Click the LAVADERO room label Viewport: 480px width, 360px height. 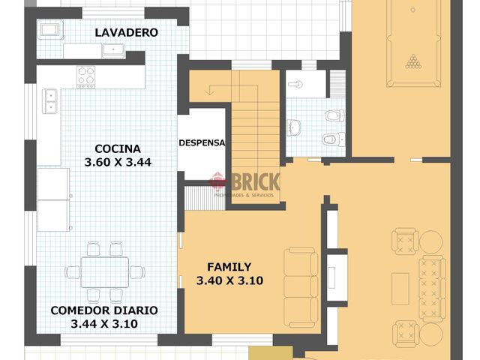126,33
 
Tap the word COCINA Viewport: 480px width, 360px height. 118,148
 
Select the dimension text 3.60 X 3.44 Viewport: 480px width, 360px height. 118,163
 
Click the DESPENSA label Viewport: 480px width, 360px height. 202,143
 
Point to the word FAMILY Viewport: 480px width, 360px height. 229,266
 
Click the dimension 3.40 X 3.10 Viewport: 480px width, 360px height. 229,280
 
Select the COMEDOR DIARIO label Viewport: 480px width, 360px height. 104,310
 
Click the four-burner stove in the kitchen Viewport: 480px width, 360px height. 86,76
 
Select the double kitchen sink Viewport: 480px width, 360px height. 51,100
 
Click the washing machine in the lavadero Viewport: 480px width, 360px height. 51,30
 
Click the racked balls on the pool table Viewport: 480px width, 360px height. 413,61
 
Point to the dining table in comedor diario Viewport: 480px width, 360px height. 104,271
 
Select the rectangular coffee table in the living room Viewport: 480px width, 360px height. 400,287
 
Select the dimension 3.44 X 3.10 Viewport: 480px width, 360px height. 104,324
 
